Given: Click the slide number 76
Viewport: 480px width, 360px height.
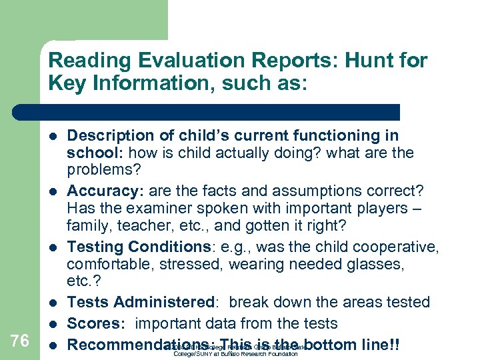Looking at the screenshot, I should (x=20, y=341).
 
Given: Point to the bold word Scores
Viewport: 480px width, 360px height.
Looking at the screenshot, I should (x=95, y=323).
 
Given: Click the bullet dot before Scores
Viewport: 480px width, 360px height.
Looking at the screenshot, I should (x=53, y=324).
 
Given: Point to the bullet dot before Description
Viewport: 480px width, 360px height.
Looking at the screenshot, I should (x=53, y=136).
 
